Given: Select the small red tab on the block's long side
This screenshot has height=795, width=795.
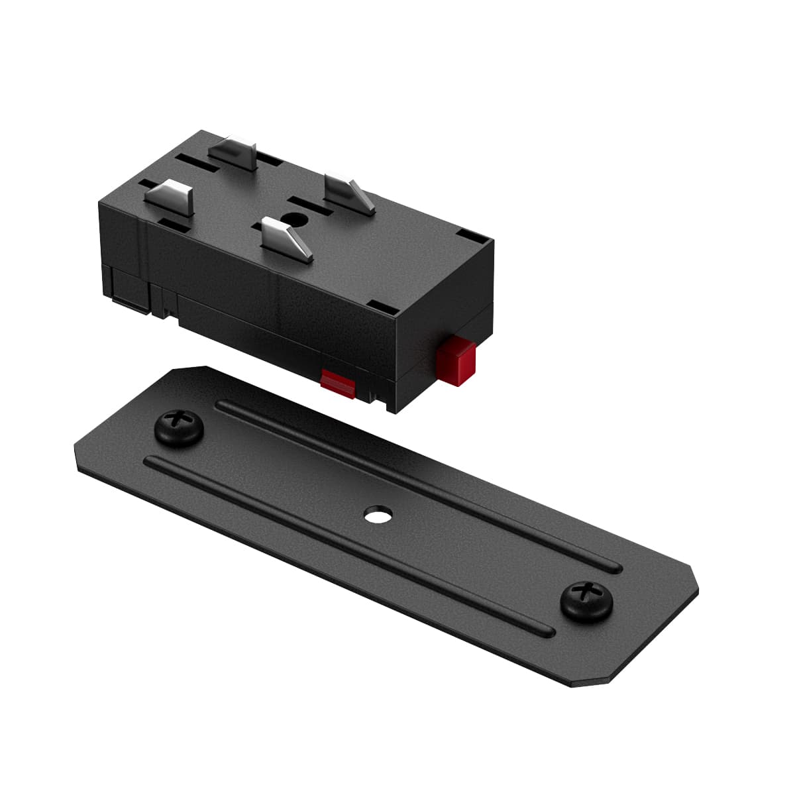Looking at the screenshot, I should (338, 383).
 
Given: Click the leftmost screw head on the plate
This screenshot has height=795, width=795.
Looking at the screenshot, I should (178, 428).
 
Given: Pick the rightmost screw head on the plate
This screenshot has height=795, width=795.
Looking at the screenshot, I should (586, 601).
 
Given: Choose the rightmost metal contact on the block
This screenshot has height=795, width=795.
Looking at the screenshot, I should (349, 191).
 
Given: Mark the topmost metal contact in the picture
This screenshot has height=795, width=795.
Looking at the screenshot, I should (237, 153).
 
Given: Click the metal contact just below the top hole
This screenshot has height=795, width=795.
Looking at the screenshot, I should (285, 240).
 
